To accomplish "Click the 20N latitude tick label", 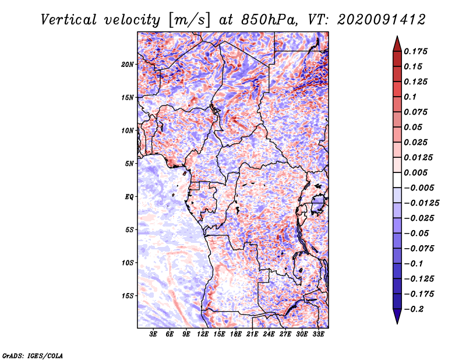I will tap(128, 64).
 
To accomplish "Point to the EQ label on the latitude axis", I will tap(129, 197).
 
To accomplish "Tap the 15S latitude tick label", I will tap(128, 296).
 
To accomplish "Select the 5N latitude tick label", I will tap(129, 164).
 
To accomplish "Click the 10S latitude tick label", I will tap(128, 263).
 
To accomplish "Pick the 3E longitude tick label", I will tap(154, 334).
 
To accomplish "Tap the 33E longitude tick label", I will tap(319, 334).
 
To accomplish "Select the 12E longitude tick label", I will tap(203, 334).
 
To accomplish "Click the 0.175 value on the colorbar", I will tap(416, 51).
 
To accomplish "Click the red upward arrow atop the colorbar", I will tap(396, 43).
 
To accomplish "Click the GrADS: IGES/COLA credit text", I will tap(33, 355).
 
